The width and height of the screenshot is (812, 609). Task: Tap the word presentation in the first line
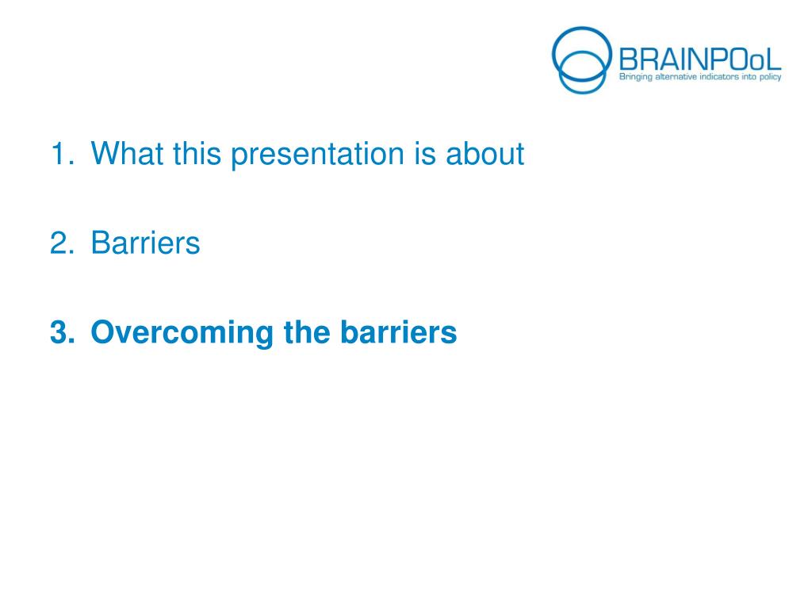317,155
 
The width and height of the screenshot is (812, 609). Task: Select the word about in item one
485,153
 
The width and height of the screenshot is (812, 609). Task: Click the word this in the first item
197,153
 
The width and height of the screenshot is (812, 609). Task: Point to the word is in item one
425,153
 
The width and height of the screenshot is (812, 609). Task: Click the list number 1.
62,153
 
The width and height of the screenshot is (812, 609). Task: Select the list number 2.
62,243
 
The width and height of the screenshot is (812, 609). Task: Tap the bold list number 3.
62,332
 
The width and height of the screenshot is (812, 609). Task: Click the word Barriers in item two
146,243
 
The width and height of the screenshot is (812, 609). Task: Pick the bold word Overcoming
182,333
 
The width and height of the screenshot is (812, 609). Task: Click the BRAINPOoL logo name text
700,59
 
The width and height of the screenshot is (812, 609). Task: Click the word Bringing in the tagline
636,77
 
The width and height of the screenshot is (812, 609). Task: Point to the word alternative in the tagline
676,77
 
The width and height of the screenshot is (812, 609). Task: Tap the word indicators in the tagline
719,77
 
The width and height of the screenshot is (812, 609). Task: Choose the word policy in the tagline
771,77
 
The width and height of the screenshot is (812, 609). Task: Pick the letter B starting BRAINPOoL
628,59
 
